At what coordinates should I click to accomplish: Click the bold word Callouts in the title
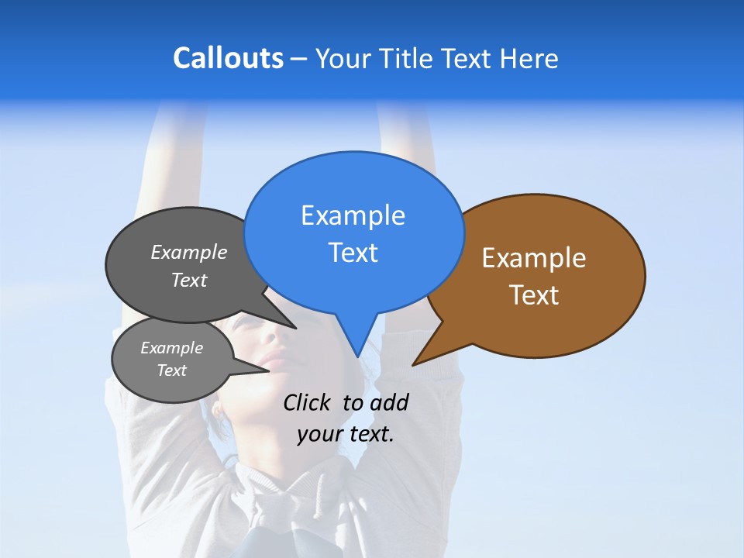(x=228, y=58)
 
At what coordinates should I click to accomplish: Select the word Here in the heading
(x=529, y=58)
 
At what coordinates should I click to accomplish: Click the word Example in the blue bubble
(x=353, y=215)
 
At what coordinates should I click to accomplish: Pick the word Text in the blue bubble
(x=353, y=253)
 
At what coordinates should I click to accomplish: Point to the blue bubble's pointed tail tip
(x=357, y=356)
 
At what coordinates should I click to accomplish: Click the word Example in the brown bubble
(x=534, y=258)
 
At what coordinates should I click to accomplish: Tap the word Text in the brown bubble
(x=534, y=295)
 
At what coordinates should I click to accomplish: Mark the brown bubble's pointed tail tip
(x=413, y=364)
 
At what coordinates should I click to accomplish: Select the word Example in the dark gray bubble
(x=189, y=252)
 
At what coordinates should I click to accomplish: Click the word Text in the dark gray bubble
(x=189, y=280)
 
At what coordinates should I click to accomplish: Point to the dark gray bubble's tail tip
(x=296, y=328)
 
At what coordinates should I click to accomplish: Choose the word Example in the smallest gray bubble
(x=171, y=348)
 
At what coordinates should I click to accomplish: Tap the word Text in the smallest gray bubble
(x=171, y=370)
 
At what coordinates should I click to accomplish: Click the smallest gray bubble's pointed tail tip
(x=269, y=370)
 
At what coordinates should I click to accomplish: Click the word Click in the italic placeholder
(x=308, y=402)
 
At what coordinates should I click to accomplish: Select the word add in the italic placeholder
(x=388, y=402)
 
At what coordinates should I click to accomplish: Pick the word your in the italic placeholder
(x=319, y=434)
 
